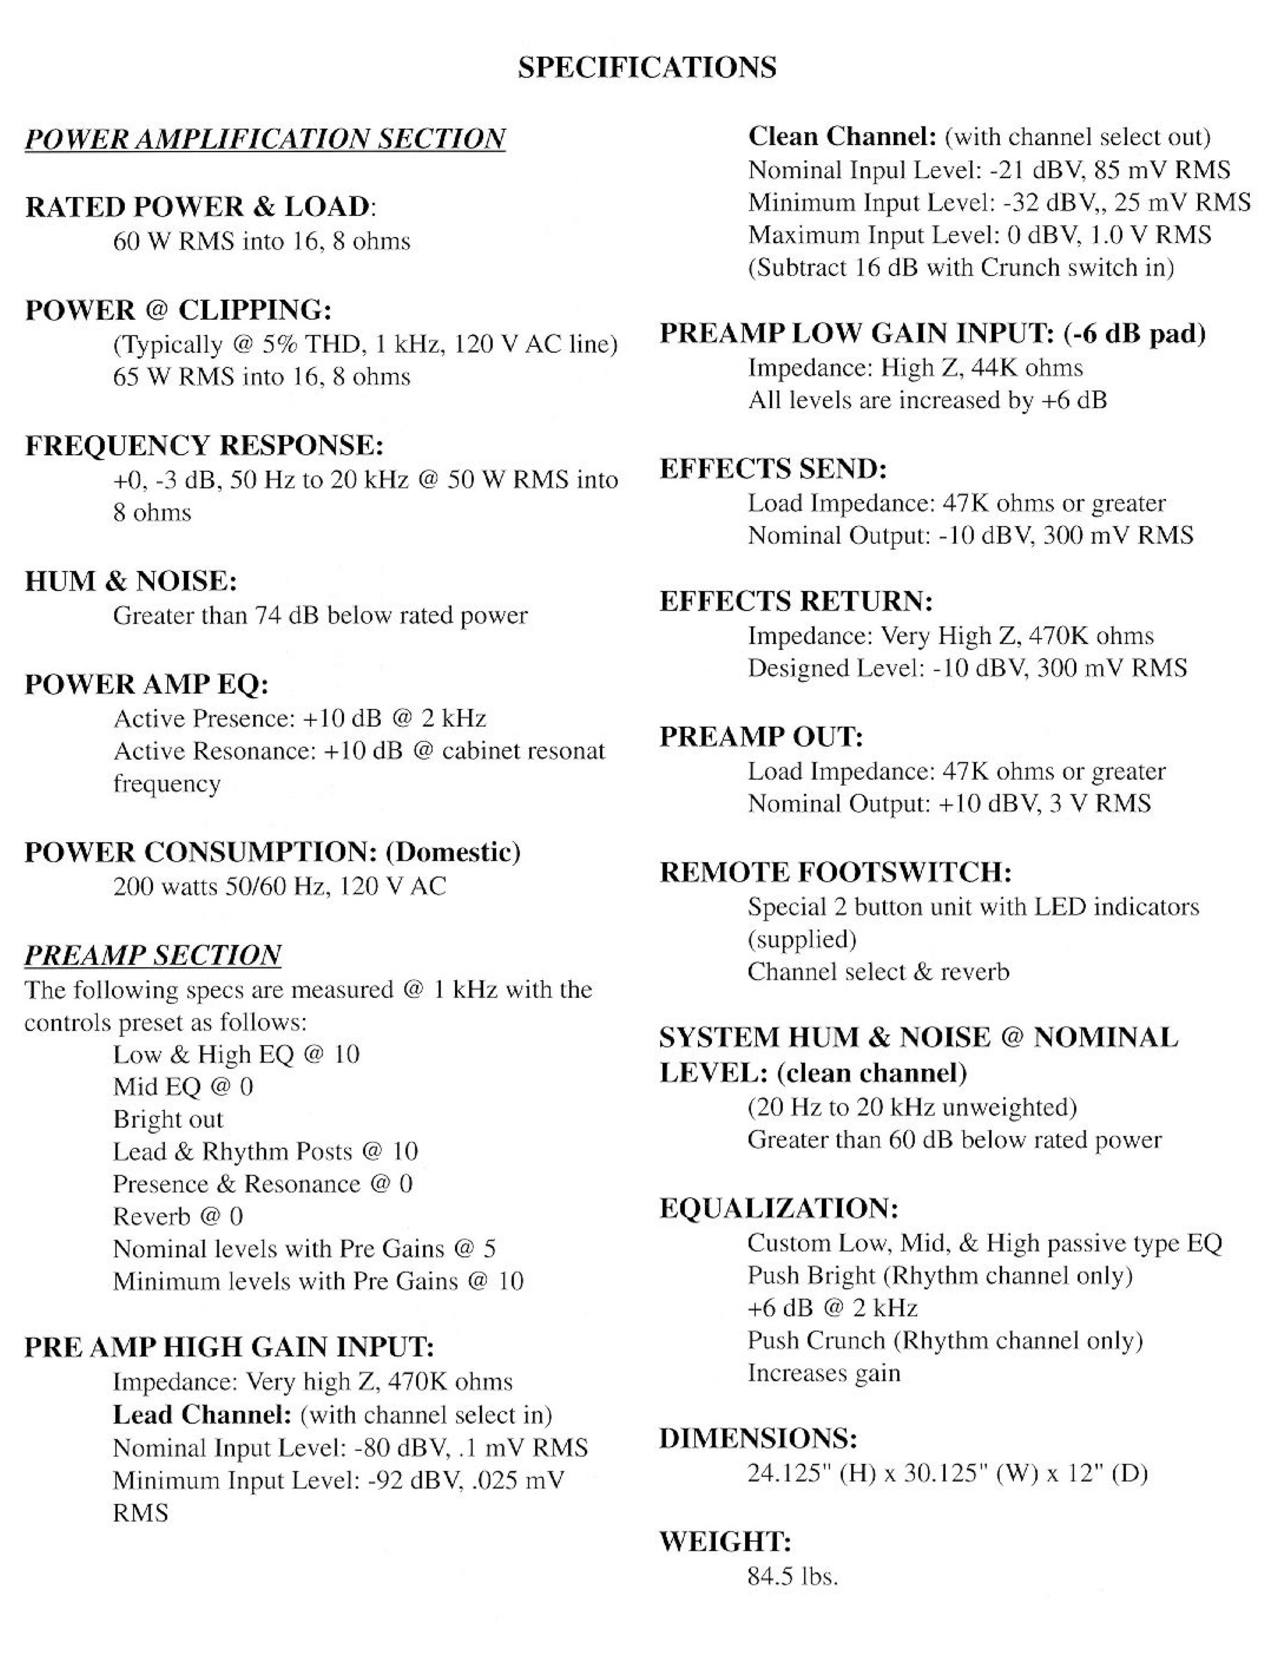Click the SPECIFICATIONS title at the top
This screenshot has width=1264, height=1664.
click(x=647, y=68)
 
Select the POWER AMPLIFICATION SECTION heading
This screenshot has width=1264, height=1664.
click(x=265, y=139)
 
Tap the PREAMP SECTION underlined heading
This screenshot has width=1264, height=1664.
click(x=153, y=955)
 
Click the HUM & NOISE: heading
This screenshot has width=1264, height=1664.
click(x=131, y=581)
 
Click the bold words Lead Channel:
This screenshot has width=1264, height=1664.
click(x=202, y=1414)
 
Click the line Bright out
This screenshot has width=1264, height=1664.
click(x=168, y=1119)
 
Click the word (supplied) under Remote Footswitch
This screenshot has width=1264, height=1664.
click(x=802, y=939)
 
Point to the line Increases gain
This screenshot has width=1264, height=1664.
click(x=824, y=1373)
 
